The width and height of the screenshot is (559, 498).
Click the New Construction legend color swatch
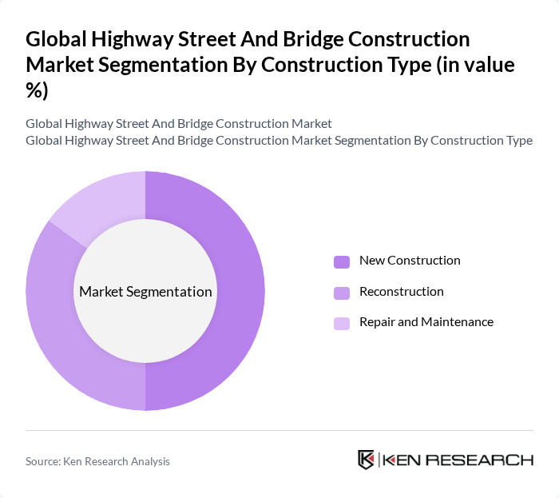point(341,261)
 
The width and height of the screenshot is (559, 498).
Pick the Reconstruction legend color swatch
point(341,293)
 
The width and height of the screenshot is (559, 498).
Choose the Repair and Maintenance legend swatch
point(341,323)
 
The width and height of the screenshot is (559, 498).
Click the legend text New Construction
point(410,261)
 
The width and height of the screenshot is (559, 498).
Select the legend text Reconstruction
point(401,292)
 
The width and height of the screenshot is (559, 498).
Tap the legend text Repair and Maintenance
point(426,322)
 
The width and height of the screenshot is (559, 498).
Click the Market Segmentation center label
point(145,292)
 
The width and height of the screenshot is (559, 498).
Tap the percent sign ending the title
point(37,90)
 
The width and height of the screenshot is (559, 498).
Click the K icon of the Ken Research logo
point(367,460)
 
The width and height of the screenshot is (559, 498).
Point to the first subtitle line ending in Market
point(179,124)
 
